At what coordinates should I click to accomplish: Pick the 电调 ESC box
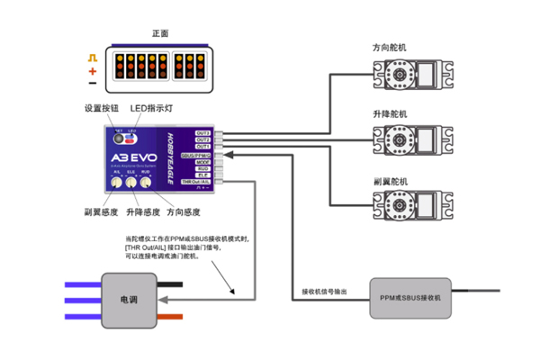[129, 298]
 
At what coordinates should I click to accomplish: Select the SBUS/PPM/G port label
[197, 155]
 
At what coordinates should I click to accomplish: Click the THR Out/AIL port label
[197, 182]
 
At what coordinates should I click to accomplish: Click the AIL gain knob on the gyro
[117, 182]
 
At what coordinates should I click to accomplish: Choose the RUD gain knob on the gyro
[146, 182]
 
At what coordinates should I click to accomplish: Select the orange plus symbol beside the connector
[93, 69]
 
